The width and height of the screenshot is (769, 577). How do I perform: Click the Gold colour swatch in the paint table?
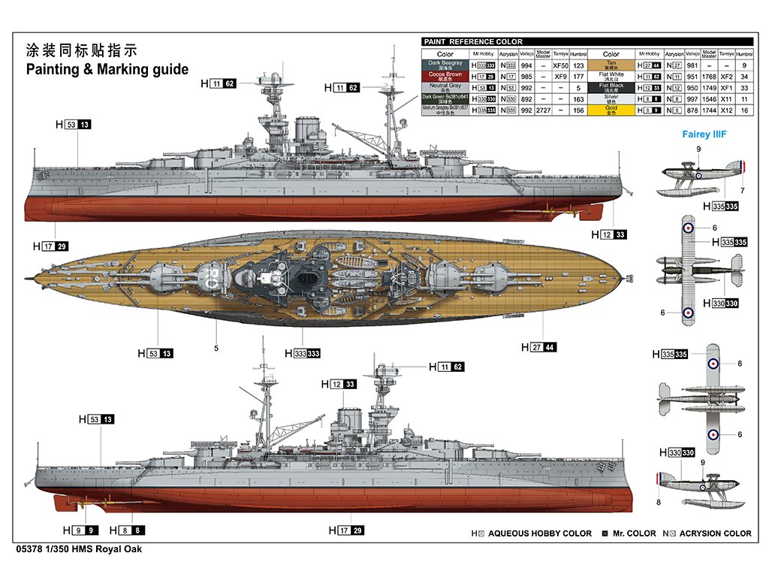pyautogui.click(x=611, y=110)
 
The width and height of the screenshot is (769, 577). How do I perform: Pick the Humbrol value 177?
pyautogui.click(x=578, y=76)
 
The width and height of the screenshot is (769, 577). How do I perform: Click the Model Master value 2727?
pyautogui.click(x=544, y=110)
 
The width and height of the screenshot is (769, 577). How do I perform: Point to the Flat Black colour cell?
pyautogui.click(x=611, y=87)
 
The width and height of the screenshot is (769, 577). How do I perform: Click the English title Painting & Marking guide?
pyautogui.click(x=107, y=69)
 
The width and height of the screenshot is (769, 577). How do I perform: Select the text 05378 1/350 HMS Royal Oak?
pyautogui.click(x=77, y=548)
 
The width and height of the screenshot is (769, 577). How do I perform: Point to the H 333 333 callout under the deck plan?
pyautogui.click(x=303, y=353)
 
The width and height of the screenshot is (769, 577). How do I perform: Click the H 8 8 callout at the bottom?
pyautogui.click(x=122, y=530)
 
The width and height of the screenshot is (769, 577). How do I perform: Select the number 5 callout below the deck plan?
pyautogui.click(x=216, y=348)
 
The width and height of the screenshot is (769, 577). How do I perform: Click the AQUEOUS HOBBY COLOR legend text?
pyautogui.click(x=540, y=533)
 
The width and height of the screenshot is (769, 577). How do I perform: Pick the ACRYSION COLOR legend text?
pyautogui.click(x=715, y=533)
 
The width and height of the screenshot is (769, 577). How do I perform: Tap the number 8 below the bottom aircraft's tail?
pyautogui.click(x=658, y=503)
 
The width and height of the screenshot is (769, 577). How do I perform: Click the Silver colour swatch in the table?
pyautogui.click(x=611, y=98)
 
